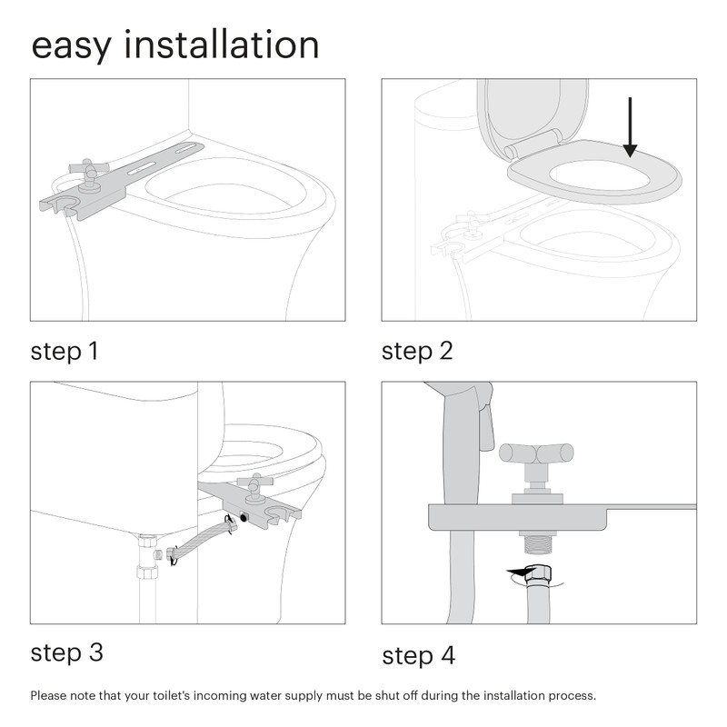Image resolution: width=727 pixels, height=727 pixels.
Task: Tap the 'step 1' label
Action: (65, 351)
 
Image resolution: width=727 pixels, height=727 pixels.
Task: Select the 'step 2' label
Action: (417, 351)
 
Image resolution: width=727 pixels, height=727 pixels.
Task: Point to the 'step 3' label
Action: (66, 652)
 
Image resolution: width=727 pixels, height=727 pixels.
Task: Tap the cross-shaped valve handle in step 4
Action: (536, 453)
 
